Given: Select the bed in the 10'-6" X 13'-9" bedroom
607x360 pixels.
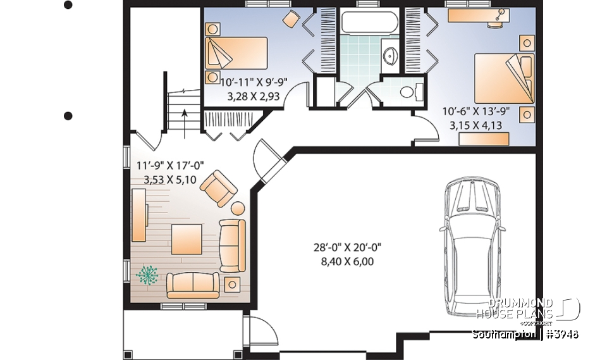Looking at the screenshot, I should point(504,78).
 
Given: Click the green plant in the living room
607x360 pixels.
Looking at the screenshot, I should point(149,275).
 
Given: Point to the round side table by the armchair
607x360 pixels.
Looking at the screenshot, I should point(238,208).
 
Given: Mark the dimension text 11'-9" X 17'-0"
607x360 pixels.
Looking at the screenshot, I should point(162,166).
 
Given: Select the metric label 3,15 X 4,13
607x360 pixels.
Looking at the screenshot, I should point(475,125).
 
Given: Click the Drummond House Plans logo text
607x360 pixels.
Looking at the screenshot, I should point(514,309).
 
